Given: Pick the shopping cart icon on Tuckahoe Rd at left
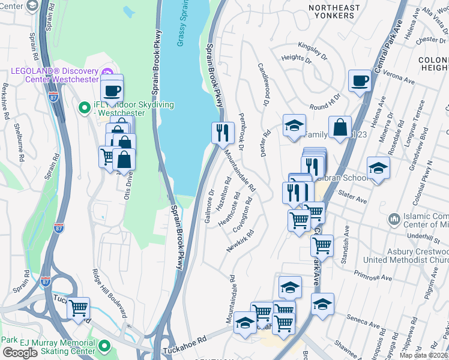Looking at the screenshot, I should tap(79, 308).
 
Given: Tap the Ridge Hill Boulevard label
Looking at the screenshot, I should tap(110, 292).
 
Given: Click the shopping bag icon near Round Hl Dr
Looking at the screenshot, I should tap(340, 127).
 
